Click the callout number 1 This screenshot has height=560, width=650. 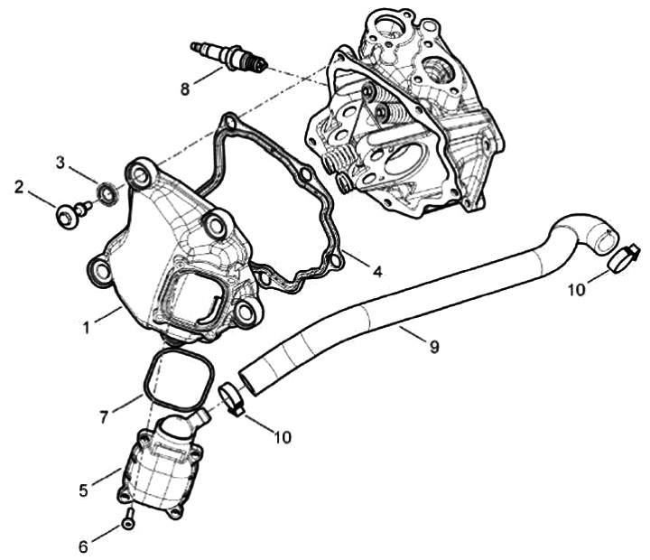click(x=88, y=327)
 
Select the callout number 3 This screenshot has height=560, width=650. click(x=61, y=163)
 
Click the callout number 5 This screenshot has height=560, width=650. click(x=84, y=490)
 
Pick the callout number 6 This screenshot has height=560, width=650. click(x=84, y=546)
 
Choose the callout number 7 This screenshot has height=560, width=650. click(x=106, y=416)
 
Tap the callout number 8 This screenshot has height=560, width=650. click(x=185, y=89)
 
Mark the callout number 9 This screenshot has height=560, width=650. click(x=434, y=346)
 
